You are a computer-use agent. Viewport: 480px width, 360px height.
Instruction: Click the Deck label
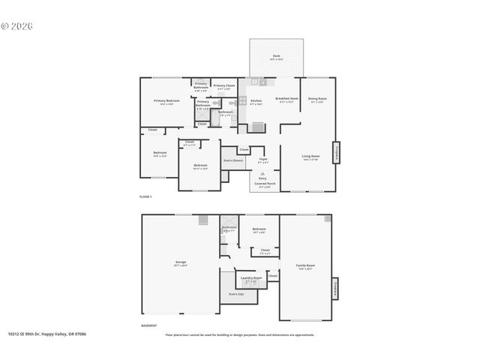[x=276, y=55]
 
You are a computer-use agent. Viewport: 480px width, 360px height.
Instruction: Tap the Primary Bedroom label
[x=166, y=100]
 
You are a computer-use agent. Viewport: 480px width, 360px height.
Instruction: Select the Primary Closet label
[x=223, y=85]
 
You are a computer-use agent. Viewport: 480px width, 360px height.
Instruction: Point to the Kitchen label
[x=256, y=100]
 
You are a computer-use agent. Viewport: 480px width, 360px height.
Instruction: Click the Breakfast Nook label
[x=286, y=99]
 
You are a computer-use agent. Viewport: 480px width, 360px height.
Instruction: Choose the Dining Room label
[x=318, y=99]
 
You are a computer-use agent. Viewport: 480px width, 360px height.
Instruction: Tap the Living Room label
[x=310, y=156]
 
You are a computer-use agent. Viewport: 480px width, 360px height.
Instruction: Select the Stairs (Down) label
[x=233, y=160]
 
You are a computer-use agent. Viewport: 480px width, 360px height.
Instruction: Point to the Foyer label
[x=262, y=159]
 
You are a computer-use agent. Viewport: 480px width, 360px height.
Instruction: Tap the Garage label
[x=181, y=262]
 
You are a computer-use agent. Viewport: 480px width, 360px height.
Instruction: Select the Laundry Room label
[x=250, y=277]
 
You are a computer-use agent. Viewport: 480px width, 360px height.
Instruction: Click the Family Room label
[x=305, y=265]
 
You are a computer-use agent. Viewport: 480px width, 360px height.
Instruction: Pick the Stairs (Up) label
[x=235, y=294]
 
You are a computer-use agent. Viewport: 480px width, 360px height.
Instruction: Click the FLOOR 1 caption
[x=145, y=196]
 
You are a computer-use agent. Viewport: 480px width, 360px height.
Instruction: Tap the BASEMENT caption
[x=149, y=325]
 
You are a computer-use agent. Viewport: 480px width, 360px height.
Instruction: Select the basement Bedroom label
[x=259, y=229]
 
